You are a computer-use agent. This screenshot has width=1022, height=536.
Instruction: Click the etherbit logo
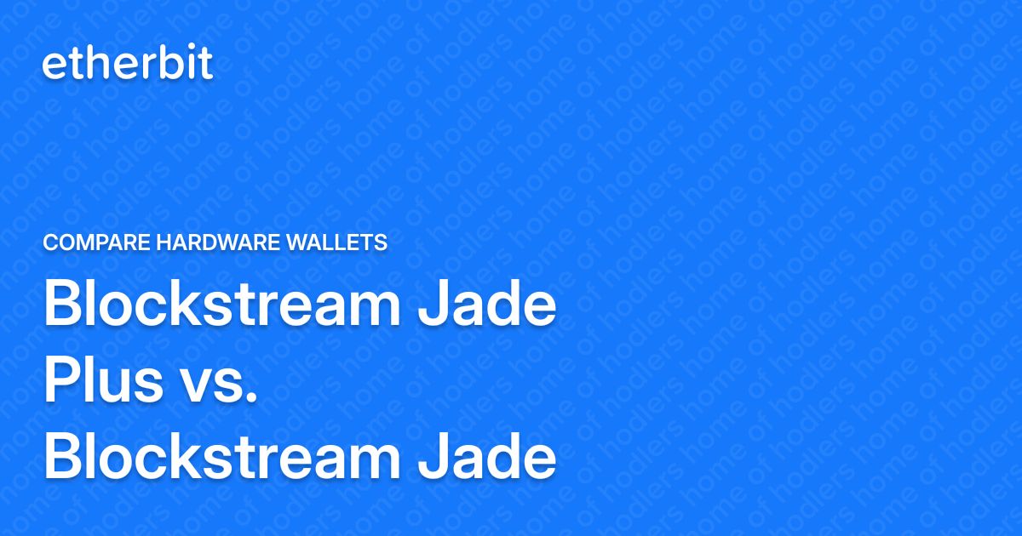coord(128,65)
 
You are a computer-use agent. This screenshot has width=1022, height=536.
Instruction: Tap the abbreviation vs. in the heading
coord(220,385)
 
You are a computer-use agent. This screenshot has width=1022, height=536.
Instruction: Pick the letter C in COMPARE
coord(49,243)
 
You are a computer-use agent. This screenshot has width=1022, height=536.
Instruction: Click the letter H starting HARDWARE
coord(164,243)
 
